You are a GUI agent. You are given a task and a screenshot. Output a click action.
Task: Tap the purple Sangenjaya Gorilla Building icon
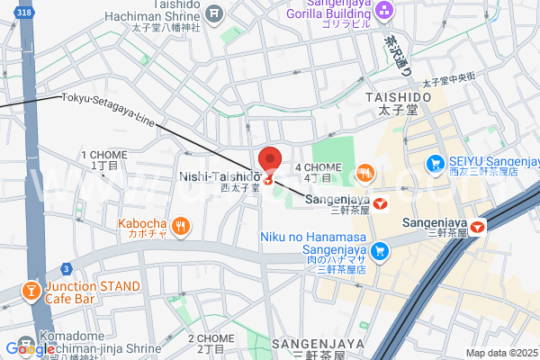[x=385, y=11]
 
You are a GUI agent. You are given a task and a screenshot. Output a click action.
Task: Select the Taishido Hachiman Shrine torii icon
[x=214, y=13]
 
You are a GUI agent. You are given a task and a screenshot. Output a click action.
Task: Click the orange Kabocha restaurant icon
[x=182, y=226]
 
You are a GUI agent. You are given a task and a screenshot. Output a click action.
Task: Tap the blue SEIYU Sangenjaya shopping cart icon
[x=436, y=164]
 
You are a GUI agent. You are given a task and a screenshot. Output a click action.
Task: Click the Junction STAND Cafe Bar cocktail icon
[x=30, y=292]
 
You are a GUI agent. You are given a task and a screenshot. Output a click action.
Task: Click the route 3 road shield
[x=66, y=268]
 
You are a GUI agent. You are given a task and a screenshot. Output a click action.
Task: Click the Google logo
[x=30, y=348]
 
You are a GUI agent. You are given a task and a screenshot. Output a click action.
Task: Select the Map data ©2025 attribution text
[x=501, y=353]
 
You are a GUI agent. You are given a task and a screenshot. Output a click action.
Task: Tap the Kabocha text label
[x=141, y=223]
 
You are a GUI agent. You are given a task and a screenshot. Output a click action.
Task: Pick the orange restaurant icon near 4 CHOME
[x=364, y=171]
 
